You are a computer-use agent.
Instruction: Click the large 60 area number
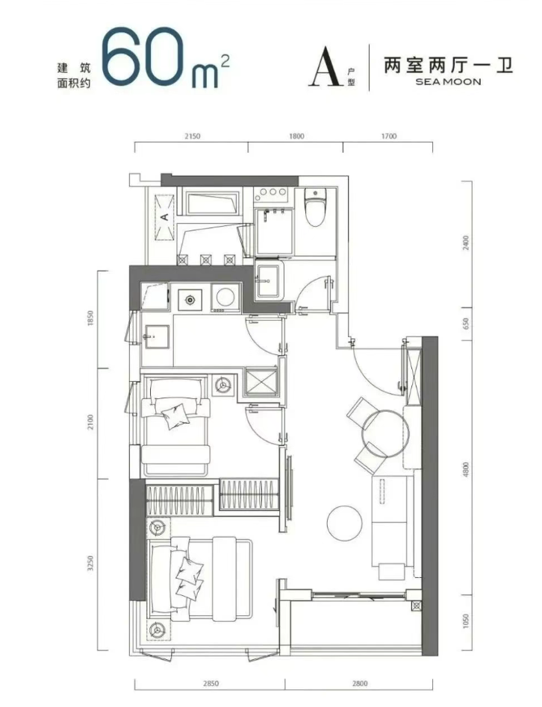(143, 57)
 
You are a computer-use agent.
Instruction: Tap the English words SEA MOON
(448, 82)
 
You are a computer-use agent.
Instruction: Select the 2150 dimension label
(193, 136)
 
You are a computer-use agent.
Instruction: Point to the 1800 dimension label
(296, 136)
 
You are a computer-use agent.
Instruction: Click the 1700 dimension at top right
(388, 136)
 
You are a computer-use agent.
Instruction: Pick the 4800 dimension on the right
(466, 469)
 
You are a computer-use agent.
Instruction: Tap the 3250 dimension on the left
(91, 564)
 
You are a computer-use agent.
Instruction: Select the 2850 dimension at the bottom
(211, 684)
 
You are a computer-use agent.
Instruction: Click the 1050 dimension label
(466, 621)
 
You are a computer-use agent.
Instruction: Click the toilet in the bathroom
(315, 207)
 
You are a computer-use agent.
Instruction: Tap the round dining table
(385, 434)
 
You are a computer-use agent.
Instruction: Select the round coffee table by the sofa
(344, 523)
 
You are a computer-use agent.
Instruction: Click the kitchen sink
(155, 337)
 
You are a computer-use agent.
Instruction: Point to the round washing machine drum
(225, 297)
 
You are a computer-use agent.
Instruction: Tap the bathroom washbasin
(270, 281)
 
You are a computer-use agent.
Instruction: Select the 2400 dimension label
(466, 243)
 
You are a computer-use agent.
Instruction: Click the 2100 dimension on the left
(91, 423)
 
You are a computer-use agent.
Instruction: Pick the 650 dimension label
(466, 324)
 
